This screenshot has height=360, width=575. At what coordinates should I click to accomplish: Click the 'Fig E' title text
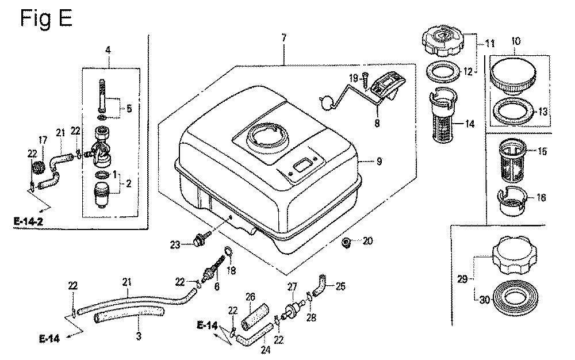(x=46, y=18)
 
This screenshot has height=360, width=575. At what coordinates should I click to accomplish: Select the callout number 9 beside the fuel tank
(x=379, y=162)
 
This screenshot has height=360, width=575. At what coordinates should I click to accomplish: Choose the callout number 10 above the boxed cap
(x=516, y=41)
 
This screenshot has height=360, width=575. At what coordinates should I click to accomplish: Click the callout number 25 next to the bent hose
(x=340, y=286)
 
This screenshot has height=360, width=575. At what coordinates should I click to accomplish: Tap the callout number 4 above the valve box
(x=108, y=50)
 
